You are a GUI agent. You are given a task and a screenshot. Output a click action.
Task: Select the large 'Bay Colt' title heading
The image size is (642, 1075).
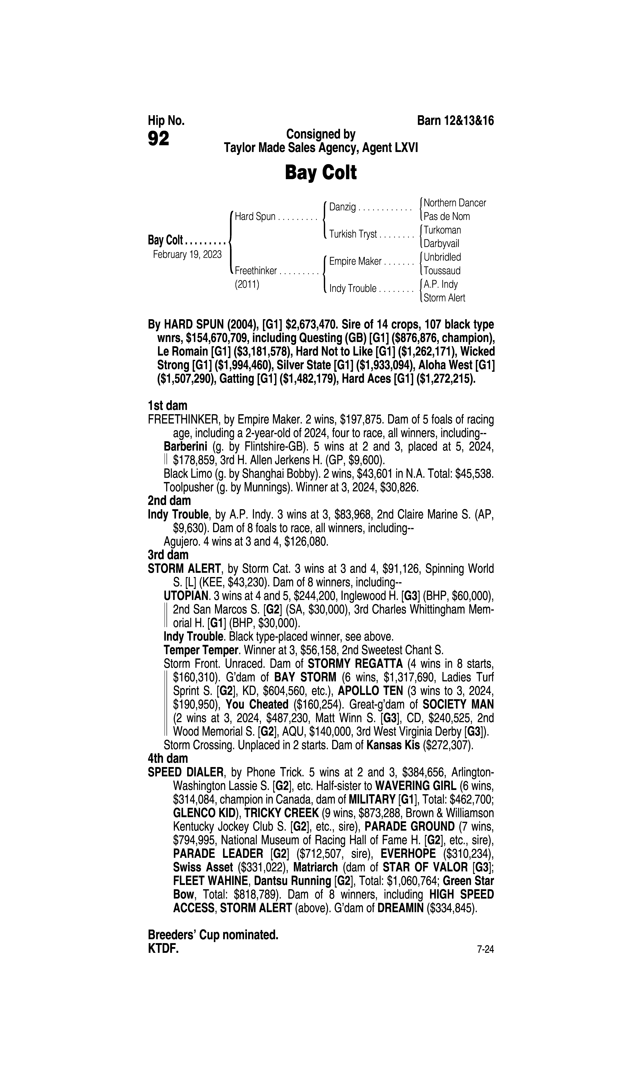coord(321,173)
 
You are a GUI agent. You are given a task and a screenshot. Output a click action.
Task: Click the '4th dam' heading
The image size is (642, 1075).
coord(168,758)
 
